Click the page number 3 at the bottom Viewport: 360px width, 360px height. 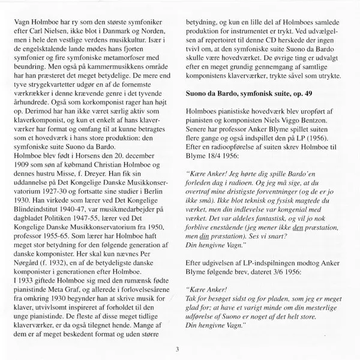178,349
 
